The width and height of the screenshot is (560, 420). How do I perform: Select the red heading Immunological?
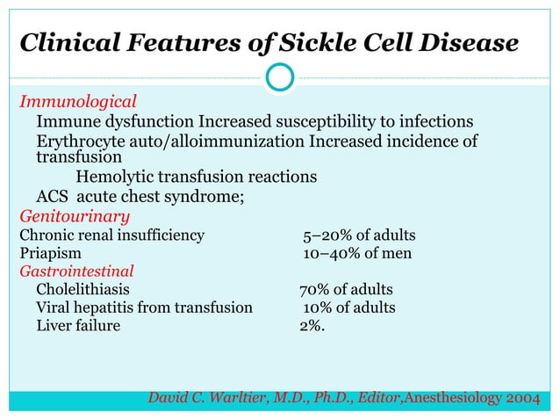coord(78,101)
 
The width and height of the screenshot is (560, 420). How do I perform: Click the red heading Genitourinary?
coord(75,216)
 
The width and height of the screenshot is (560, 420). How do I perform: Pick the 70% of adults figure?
coord(346,290)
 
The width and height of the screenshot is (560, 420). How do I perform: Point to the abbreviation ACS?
coord(54,197)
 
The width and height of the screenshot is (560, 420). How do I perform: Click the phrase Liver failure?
coord(78,327)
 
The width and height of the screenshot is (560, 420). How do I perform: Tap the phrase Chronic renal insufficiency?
coord(112,235)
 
